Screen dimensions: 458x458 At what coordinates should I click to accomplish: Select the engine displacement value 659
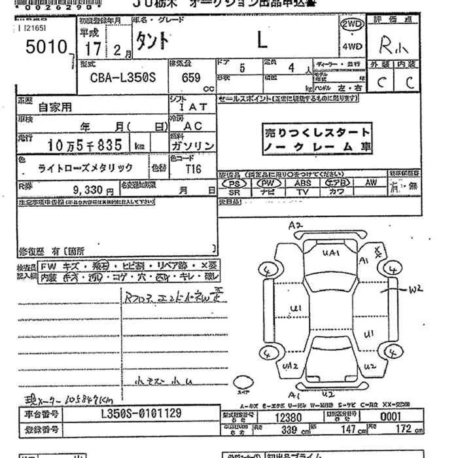192,76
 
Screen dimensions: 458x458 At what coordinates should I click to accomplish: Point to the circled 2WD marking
352,24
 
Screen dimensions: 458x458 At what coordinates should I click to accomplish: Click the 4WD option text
351,46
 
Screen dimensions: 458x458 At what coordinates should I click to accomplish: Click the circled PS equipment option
234,184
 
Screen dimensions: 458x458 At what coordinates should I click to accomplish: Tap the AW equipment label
371,183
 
